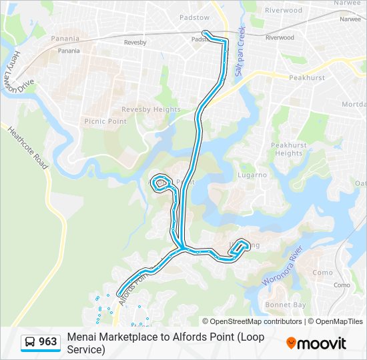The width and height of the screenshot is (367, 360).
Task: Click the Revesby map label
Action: pyautogui.click(x=135, y=43)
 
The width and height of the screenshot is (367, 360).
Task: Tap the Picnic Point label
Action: pyautogui.click(x=105, y=121)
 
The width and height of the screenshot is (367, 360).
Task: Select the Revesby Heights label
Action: pyautogui.click(x=151, y=109)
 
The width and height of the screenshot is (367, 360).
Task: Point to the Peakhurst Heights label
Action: pyautogui.click(x=289, y=149)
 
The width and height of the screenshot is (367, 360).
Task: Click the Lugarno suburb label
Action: pyautogui.click(x=252, y=175)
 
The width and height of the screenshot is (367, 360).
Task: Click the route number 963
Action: pyautogui.click(x=48, y=343)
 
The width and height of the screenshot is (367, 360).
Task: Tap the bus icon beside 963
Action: pyautogui.click(x=30, y=343)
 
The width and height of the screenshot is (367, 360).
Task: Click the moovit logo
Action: pyautogui.click(x=316, y=343)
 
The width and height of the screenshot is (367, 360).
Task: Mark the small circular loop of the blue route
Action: pyautogui.click(x=161, y=183)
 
